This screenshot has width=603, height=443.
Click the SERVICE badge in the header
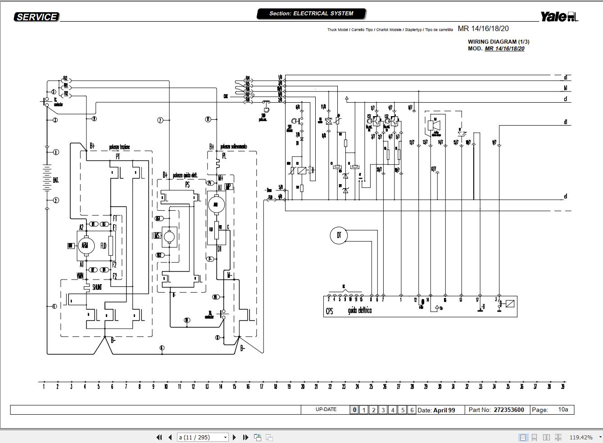(x=36, y=17)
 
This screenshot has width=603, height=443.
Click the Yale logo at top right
(x=559, y=17)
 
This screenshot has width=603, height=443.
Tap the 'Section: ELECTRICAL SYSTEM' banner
(x=311, y=14)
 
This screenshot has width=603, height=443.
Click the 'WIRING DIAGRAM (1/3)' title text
(x=499, y=41)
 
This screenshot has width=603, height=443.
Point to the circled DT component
(x=339, y=235)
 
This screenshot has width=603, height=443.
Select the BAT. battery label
(x=56, y=180)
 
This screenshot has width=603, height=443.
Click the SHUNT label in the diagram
(x=97, y=287)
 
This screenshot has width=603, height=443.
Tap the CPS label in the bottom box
(x=330, y=311)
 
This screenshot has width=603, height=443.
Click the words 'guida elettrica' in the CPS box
(x=359, y=311)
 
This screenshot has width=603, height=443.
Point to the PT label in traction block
(x=118, y=157)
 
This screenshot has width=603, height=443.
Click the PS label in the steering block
(x=187, y=185)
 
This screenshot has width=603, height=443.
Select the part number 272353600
(x=509, y=410)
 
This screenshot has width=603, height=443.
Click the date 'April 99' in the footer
(x=444, y=410)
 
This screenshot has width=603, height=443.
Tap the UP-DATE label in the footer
(x=326, y=409)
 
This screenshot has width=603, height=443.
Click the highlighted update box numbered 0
(x=354, y=410)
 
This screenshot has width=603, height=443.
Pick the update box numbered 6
(x=412, y=410)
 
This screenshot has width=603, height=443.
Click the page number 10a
(x=563, y=409)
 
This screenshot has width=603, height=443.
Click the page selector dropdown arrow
(x=226, y=437)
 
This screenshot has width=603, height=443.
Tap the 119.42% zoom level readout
(x=581, y=437)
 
